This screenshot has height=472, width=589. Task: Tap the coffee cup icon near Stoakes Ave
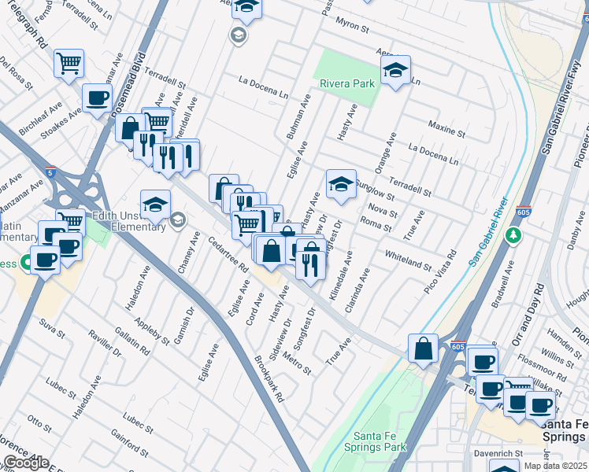click(x=98, y=98)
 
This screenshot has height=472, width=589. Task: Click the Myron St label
click(x=354, y=28)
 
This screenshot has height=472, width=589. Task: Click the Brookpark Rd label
click(x=269, y=378)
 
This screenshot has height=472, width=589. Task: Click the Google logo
click(x=26, y=463)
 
